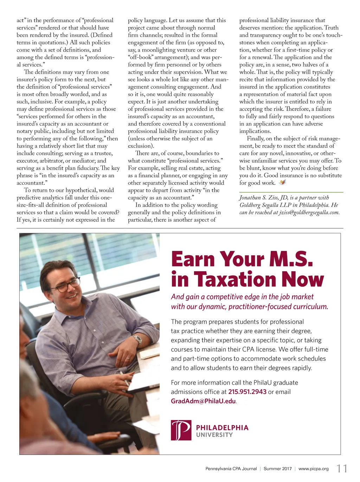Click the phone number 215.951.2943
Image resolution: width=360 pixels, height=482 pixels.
pos(247,392)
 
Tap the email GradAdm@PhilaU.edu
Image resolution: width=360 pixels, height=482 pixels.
pos(203,401)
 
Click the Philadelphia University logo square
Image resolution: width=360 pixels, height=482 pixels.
pos(181,430)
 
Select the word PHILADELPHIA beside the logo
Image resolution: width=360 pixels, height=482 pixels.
pos(222,428)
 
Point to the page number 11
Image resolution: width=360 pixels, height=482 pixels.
pos(342,469)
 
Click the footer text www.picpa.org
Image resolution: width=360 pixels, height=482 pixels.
pos(314,469)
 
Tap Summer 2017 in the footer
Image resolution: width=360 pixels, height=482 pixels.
pos(278,469)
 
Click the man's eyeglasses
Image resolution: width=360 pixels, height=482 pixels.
pos(67,286)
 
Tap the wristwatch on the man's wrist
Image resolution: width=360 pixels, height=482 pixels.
pos(137,340)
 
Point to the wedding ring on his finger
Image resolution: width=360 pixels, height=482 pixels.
pos(127,358)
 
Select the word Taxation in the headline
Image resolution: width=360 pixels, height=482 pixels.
pos(235,279)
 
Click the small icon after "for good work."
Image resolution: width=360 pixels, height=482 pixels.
pos(282,182)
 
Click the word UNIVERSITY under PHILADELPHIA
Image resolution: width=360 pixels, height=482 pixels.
pos(214,435)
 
